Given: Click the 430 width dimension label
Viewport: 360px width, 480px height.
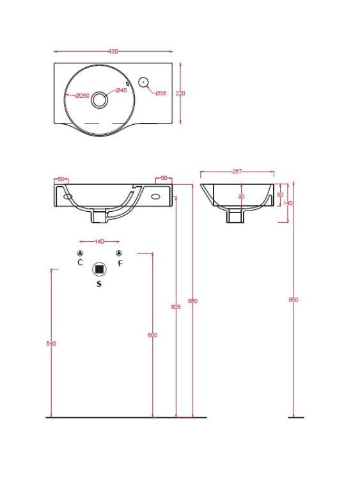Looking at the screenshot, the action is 113,51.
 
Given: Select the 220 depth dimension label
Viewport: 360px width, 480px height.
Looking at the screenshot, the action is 180,93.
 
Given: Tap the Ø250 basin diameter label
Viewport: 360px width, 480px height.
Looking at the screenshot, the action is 82,96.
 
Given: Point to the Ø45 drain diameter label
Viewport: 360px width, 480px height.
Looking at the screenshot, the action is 121,90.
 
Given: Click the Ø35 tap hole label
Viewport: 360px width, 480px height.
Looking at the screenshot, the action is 161,93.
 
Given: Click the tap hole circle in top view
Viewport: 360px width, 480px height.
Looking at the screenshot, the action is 143,82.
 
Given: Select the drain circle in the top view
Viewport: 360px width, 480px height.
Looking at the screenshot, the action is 100,99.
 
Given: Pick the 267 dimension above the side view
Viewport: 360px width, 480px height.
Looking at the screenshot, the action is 237,172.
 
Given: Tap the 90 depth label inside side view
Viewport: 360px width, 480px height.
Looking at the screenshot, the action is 241,196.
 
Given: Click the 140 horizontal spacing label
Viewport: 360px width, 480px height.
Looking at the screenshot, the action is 99,241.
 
